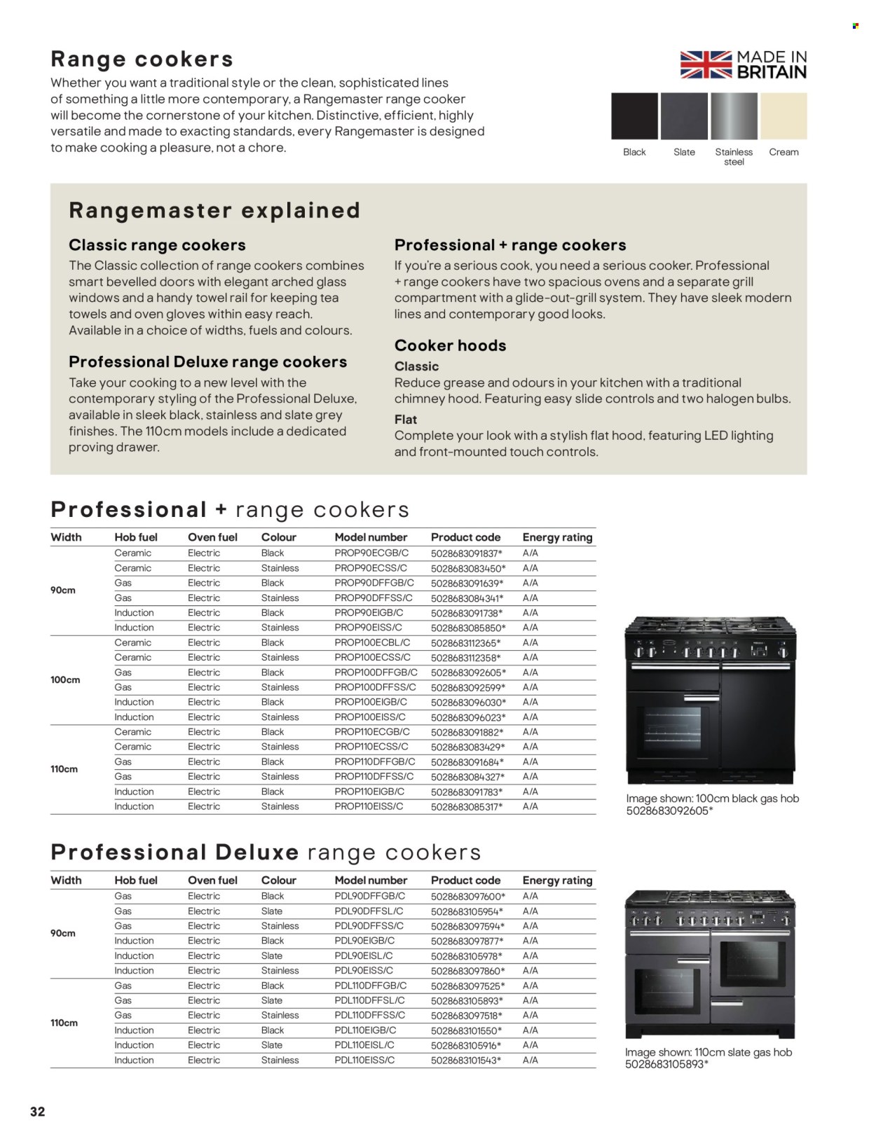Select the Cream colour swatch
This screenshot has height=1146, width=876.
click(x=783, y=116)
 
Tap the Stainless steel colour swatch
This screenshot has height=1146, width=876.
click(x=734, y=116)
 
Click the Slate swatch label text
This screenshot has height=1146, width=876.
click(x=684, y=152)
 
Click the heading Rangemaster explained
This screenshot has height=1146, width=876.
click(x=214, y=210)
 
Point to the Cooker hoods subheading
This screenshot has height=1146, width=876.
click(x=450, y=345)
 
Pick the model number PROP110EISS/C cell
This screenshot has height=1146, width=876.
click(x=369, y=806)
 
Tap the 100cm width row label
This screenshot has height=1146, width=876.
click(x=65, y=679)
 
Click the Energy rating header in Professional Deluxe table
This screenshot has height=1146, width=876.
click(x=557, y=880)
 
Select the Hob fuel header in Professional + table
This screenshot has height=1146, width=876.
click(x=136, y=537)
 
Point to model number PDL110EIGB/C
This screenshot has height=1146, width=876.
click(x=365, y=1030)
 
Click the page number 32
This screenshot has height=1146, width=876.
click(x=37, y=1112)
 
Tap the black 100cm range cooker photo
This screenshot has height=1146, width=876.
click(x=710, y=700)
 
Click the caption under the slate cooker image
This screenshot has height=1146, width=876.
click(x=709, y=1058)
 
